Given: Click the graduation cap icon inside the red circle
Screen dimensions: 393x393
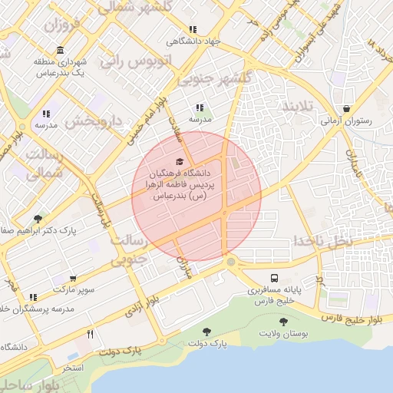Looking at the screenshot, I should pyautogui.click(x=180, y=161).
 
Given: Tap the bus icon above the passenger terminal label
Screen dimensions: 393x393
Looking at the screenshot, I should pyautogui.click(x=274, y=277).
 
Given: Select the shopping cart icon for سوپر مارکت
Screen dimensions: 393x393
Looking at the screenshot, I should pyautogui.click(x=73, y=279).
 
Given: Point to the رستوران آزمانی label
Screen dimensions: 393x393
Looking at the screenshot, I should pyautogui.click(x=346, y=121).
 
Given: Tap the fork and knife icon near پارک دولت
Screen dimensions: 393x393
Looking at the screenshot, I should pyautogui.click(x=91, y=334).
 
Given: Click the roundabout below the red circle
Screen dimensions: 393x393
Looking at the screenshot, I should pyautogui.click(x=231, y=263).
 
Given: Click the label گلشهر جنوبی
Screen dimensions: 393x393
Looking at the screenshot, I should pyautogui.click(x=214, y=79).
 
